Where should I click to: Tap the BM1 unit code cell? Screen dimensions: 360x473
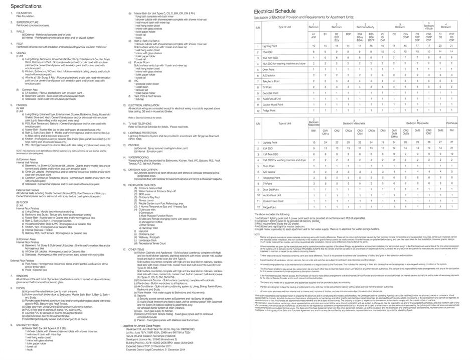click(313, 131)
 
